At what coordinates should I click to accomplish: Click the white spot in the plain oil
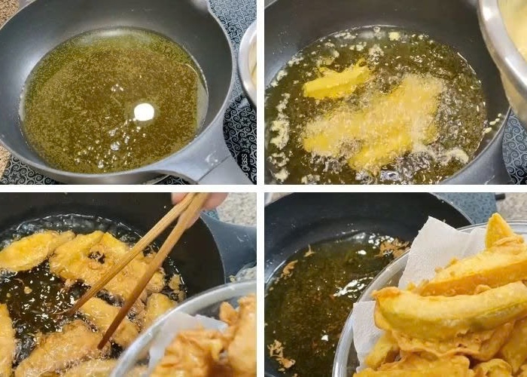coord(144,112)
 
